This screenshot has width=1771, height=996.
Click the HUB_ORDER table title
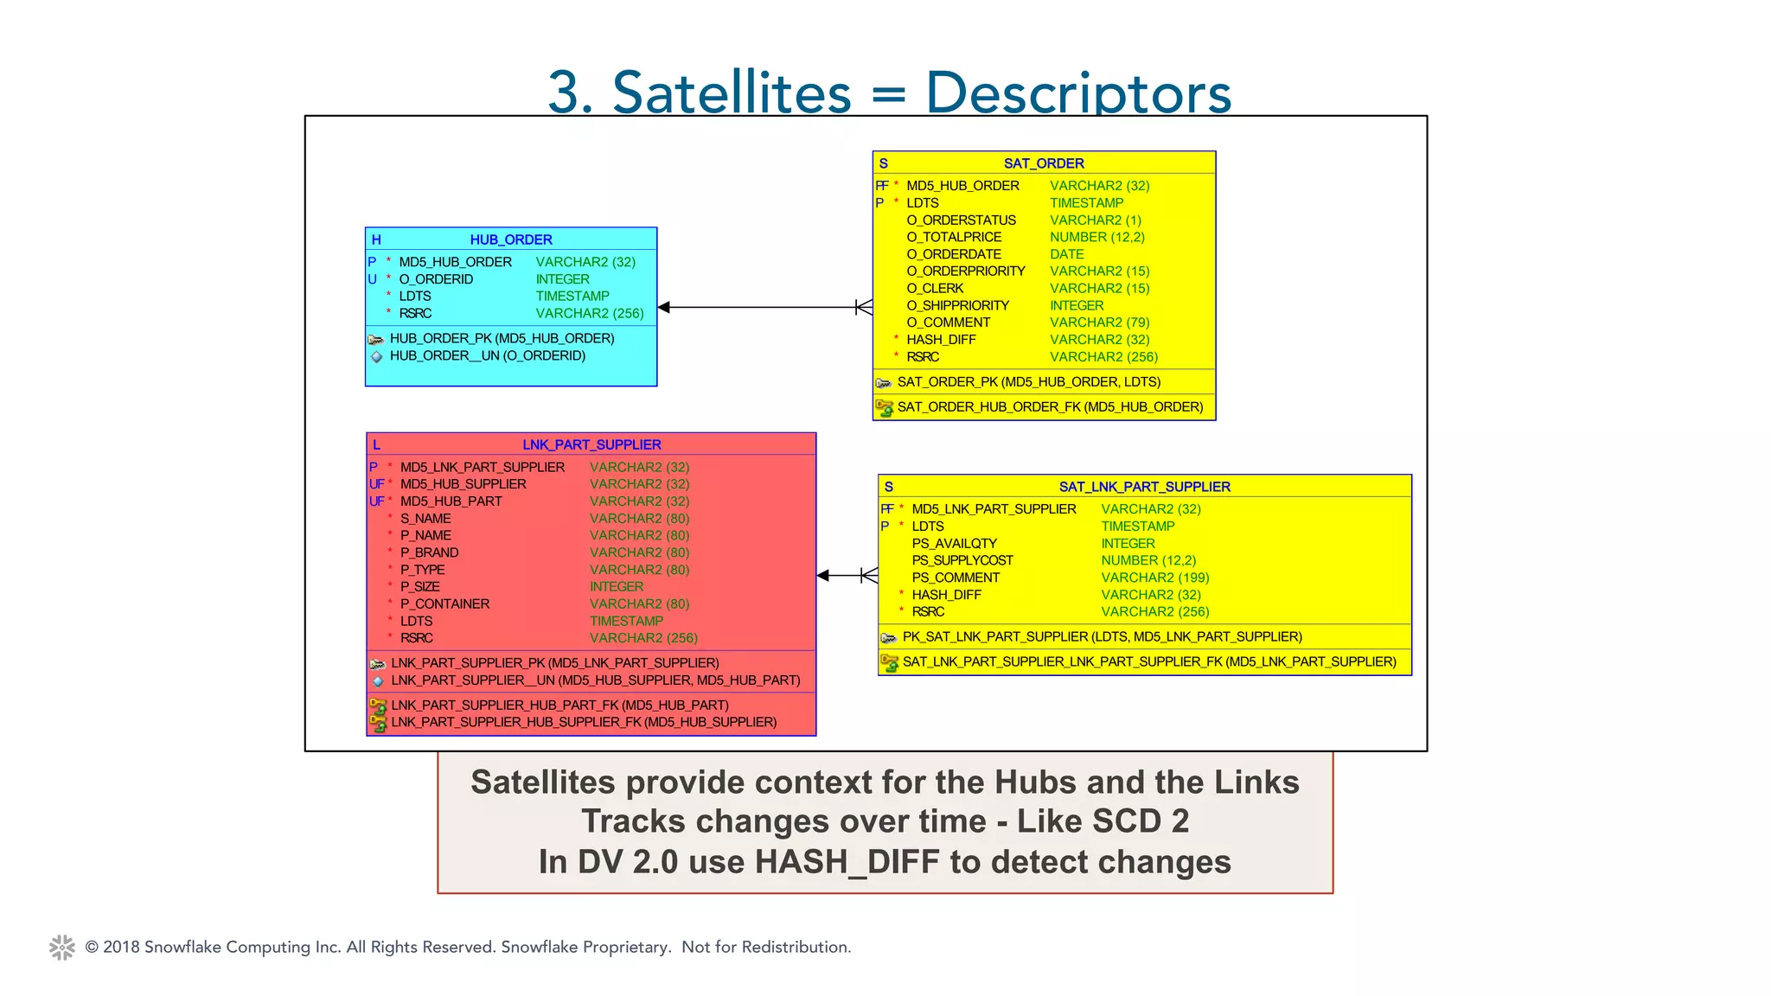510,239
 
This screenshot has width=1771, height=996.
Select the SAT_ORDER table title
1043,163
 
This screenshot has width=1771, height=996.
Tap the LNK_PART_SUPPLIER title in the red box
591,444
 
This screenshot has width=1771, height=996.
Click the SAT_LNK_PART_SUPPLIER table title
1144,487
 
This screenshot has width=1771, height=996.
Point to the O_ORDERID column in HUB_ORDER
436,279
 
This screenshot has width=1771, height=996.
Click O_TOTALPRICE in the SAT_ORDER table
953,237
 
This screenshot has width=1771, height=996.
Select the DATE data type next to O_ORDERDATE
1066,254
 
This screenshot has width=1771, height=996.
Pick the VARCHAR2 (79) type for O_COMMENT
1099,322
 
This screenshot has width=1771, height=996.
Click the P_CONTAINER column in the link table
444,603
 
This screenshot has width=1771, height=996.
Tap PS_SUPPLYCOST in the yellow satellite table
962,560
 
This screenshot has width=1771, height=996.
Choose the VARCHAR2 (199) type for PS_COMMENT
1154,578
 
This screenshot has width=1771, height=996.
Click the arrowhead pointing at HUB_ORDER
664,307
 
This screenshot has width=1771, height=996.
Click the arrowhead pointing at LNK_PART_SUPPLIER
823,576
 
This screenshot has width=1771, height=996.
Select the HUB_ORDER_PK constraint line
502,338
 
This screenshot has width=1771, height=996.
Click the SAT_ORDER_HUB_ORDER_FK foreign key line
1050,407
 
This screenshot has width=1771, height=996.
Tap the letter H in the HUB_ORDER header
376,239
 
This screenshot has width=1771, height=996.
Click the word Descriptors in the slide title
1077,93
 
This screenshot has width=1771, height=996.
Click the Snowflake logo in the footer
62,948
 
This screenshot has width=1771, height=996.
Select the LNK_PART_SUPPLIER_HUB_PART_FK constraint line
559,705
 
